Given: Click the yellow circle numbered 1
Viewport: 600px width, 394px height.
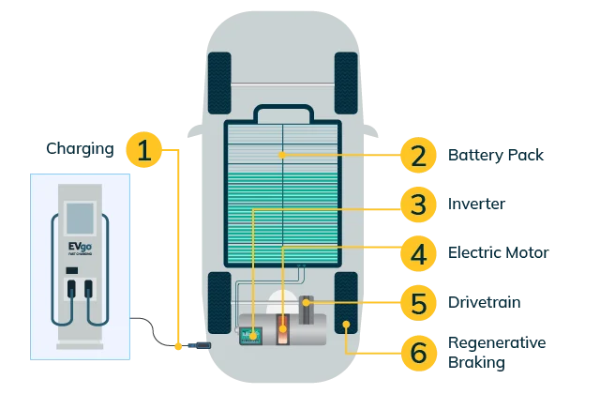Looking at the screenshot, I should click(x=142, y=150).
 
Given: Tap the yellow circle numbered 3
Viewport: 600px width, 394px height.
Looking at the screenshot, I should click(x=417, y=203).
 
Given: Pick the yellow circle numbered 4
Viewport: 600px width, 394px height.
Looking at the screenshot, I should click(x=417, y=253).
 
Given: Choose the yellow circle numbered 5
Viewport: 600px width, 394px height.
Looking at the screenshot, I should click(x=417, y=302).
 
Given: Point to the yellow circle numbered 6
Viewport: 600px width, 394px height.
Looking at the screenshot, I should click(x=417, y=352).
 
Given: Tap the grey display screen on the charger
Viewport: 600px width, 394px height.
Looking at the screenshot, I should click(x=79, y=217).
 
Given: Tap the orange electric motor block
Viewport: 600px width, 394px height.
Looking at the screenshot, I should click(x=282, y=330).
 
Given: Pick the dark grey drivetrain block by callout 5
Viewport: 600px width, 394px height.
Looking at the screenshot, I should click(x=307, y=311).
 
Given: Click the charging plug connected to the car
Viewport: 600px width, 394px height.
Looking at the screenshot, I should click(x=199, y=345).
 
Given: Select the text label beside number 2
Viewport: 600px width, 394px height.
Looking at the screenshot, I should click(x=494, y=154).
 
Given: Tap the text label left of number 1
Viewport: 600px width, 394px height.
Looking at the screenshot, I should click(x=82, y=150).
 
